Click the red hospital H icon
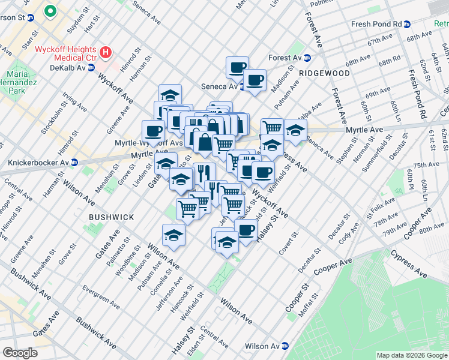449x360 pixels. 106,52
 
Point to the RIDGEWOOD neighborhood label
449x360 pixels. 324,73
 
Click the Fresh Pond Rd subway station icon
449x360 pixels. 407,24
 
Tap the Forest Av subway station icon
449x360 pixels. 307,58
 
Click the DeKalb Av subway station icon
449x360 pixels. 92,68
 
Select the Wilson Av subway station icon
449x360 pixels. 286,346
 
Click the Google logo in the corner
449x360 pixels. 20,352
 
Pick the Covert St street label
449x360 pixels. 288,242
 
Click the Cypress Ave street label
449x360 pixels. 411,267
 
